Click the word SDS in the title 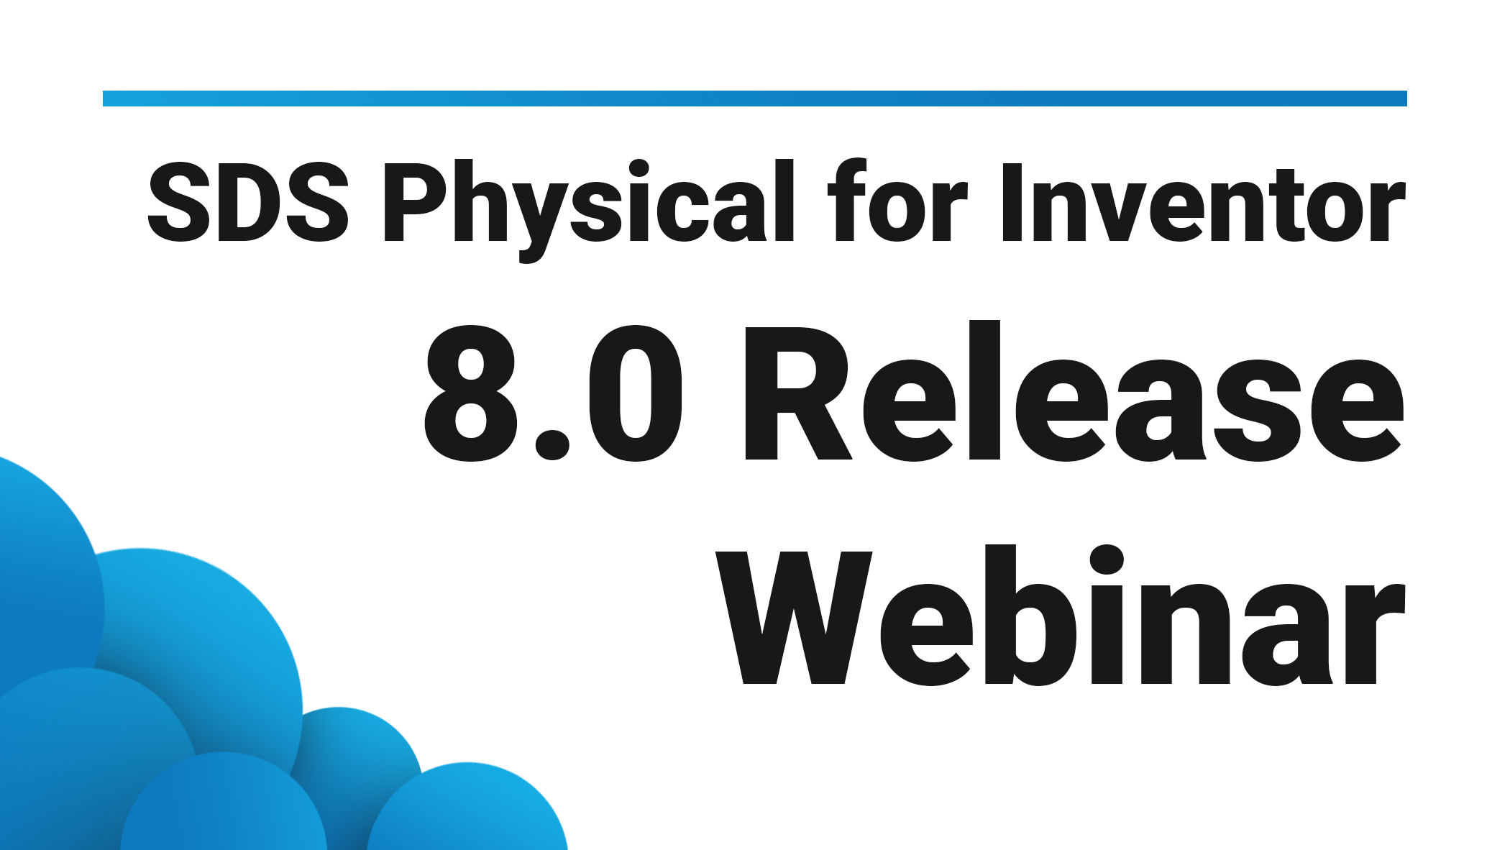248,201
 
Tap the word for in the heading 897,201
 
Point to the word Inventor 1202,203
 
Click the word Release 1073,394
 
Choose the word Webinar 1060,617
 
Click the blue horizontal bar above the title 755,99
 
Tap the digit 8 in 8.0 471,394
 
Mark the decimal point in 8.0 552,442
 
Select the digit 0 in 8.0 636,394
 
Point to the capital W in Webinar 794,617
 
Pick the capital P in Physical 416,201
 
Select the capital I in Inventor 1012,201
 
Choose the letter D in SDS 248,201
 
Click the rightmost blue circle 467,809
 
